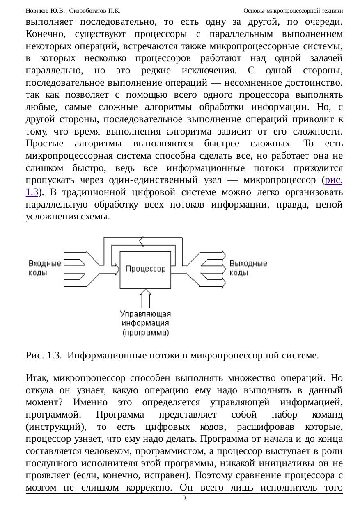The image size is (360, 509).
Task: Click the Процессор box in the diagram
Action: (x=145, y=269)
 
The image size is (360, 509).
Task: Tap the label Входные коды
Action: (x=44, y=268)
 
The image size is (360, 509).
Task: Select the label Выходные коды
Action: (x=248, y=268)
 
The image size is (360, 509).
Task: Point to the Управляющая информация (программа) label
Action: (x=145, y=323)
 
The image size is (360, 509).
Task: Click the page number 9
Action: (x=184, y=498)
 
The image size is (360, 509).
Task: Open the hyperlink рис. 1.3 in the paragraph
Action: (x=332, y=180)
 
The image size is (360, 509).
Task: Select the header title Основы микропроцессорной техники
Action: (x=293, y=11)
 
